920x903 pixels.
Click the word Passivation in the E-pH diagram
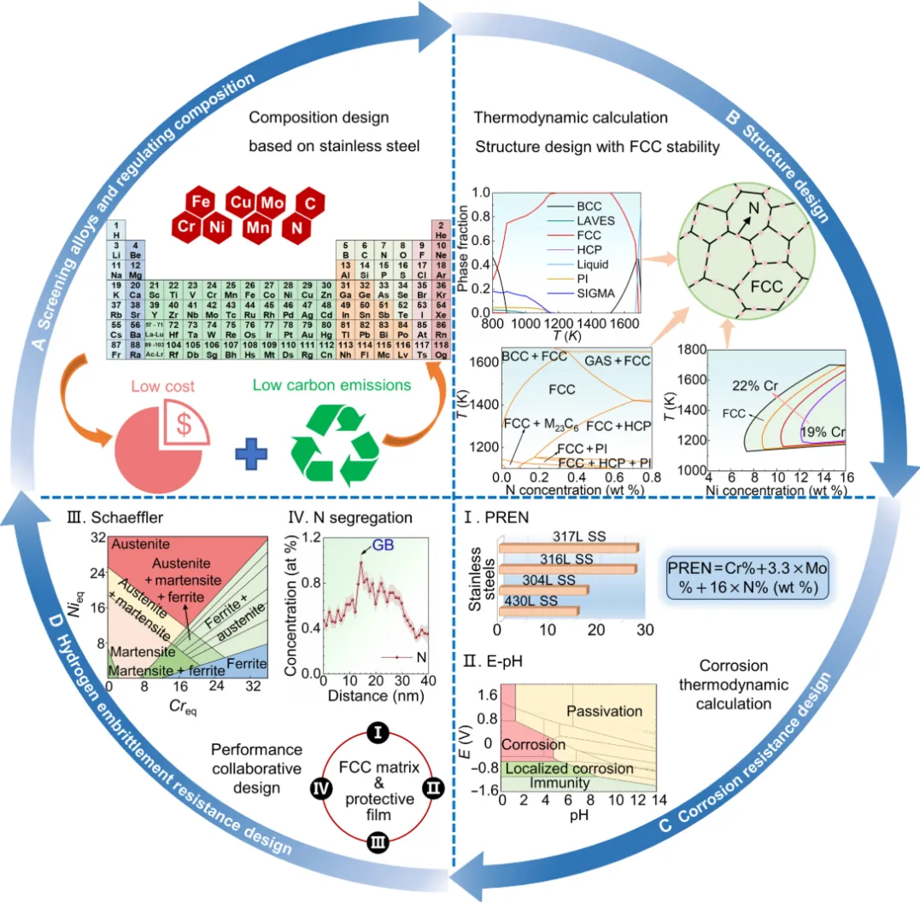click(603, 711)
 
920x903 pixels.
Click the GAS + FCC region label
click(617, 361)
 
